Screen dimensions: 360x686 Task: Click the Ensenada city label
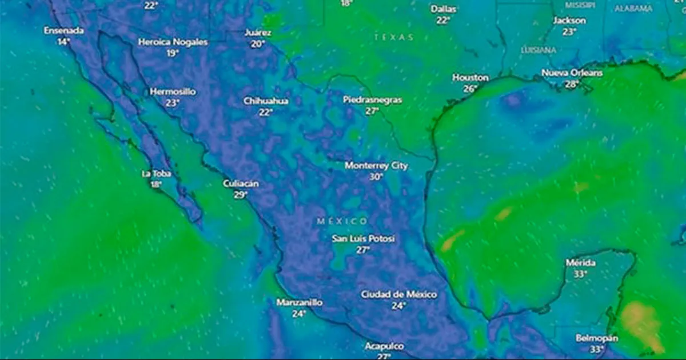[x=64, y=30]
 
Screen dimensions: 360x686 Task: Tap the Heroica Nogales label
[x=173, y=42]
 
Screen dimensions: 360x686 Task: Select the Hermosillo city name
[x=173, y=91]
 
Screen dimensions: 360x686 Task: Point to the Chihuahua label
[x=266, y=101]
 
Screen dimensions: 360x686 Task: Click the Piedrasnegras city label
[x=372, y=100]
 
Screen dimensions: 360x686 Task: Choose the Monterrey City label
[x=376, y=166]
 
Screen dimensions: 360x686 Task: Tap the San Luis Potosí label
[x=364, y=238]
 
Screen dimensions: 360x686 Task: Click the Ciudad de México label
[x=398, y=294]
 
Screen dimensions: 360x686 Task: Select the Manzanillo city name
[x=299, y=302]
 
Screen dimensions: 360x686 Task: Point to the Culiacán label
[x=241, y=183]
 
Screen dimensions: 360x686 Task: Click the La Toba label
[x=156, y=173]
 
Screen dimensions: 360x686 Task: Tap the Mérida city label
[x=580, y=263]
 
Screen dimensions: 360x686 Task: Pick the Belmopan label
[x=596, y=338]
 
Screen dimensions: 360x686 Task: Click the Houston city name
[x=470, y=77]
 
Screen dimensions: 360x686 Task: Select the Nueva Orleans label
[x=572, y=73]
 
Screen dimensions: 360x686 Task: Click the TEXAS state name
[x=394, y=37]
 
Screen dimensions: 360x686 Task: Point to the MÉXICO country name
[x=342, y=221]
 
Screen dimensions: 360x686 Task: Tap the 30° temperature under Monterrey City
[x=376, y=177]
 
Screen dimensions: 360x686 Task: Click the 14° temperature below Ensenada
[x=63, y=42]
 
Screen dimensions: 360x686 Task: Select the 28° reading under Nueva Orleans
[x=572, y=85]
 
